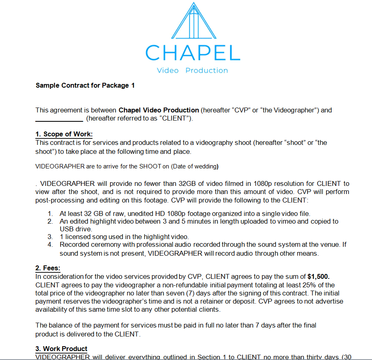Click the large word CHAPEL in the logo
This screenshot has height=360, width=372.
192,53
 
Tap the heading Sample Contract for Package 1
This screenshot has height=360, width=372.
85,86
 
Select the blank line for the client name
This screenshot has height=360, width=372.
59,119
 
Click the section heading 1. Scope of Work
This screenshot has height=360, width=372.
64,134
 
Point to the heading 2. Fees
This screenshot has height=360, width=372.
48,268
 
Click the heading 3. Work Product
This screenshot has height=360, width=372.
61,349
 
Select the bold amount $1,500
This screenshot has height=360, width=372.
318,276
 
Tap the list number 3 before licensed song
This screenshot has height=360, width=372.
50,237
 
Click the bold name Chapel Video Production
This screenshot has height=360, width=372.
159,110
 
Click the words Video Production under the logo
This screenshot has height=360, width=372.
192,71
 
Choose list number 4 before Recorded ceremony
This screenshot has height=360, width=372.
50,244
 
